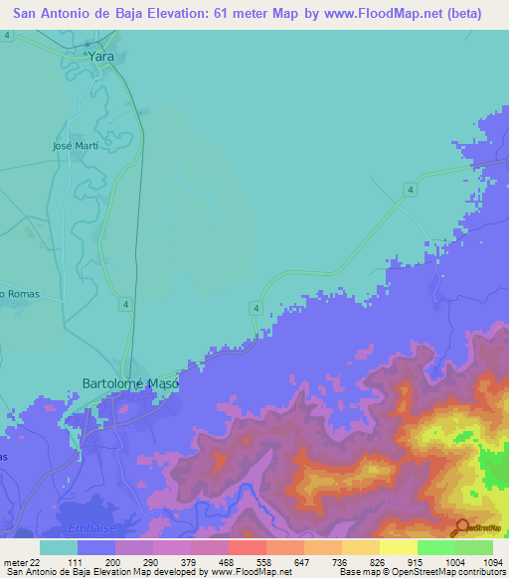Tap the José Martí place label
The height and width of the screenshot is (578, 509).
[76, 145]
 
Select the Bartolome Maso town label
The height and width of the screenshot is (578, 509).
[130, 383]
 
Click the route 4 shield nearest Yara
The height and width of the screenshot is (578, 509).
[7, 35]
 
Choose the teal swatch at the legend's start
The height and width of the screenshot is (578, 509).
[58, 547]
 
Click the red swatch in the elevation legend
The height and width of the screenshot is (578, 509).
[247, 547]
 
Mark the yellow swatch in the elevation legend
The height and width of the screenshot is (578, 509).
[398, 547]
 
